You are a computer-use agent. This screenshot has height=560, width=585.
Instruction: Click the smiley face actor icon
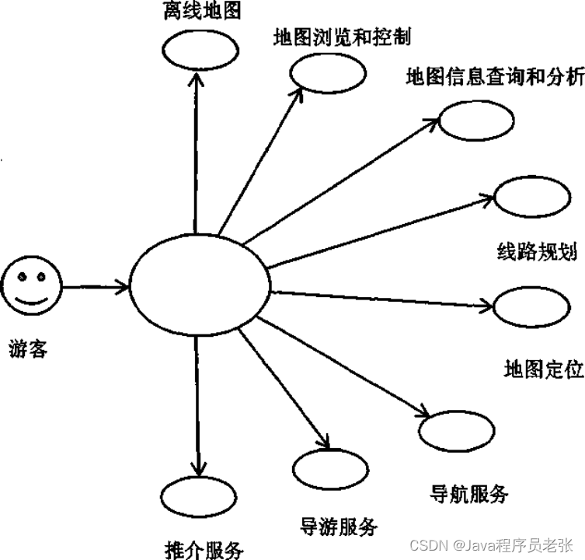pyautogui.click(x=30, y=286)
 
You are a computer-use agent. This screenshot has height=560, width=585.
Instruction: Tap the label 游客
pyautogui.click(x=30, y=349)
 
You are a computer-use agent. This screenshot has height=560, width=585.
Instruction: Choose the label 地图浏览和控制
pyautogui.click(x=343, y=37)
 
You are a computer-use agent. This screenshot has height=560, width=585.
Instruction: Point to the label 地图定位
pyautogui.click(x=543, y=369)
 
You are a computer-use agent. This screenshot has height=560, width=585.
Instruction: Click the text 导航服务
pyautogui.click(x=469, y=492)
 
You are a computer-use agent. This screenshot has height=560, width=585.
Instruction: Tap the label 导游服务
pyautogui.click(x=338, y=526)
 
